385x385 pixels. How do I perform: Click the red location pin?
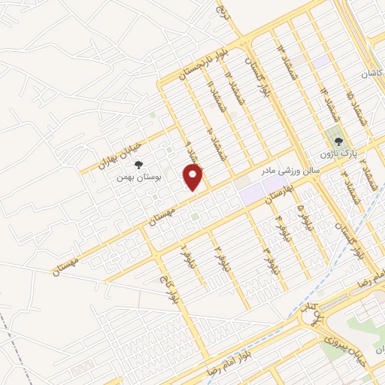coord(194,177)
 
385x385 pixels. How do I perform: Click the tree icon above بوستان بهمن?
coord(141,168)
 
